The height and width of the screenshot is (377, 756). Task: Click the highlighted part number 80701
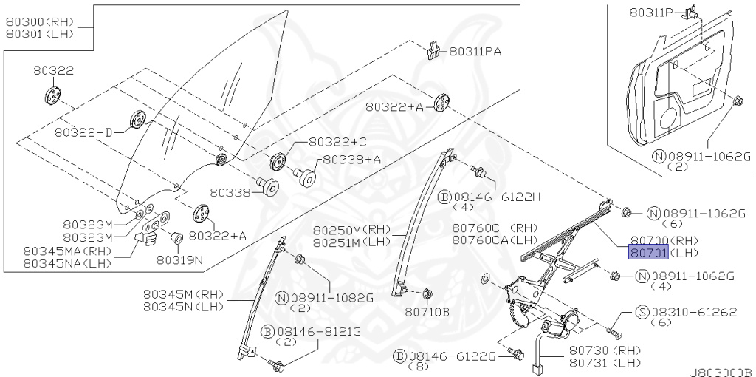point(648,253)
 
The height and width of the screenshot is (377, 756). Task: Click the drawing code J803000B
point(721,371)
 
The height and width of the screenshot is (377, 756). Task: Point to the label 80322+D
point(84,132)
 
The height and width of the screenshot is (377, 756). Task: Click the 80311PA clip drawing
point(433,50)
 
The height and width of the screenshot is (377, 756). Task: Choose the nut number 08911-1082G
point(332,297)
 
